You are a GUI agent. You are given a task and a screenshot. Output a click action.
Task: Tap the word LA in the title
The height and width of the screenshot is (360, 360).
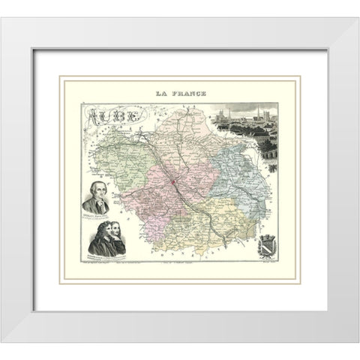tap(160, 94)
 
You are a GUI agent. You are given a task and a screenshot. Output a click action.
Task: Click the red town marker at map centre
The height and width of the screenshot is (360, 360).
tap(172, 182)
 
